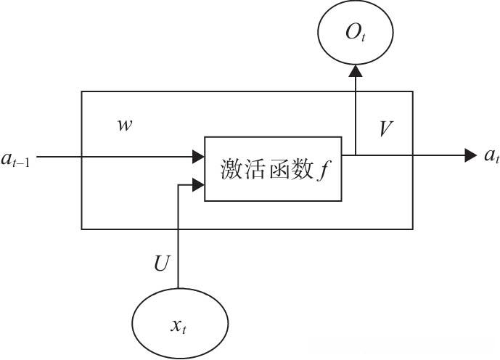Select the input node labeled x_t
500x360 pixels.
click(x=179, y=324)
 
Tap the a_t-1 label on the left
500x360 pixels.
click(x=17, y=156)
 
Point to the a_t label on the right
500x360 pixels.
click(x=491, y=155)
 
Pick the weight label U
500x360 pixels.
click(x=162, y=263)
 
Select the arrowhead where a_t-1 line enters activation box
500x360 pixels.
click(x=198, y=155)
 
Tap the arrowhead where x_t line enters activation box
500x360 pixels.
click(x=198, y=186)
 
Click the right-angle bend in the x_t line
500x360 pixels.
click(x=178, y=186)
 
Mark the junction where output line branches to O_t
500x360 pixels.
click(x=355, y=155)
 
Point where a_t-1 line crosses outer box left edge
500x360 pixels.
click(x=81, y=155)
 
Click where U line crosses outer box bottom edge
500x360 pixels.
click(x=178, y=229)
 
